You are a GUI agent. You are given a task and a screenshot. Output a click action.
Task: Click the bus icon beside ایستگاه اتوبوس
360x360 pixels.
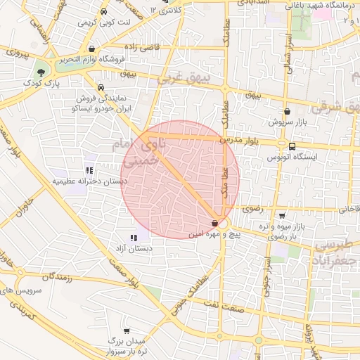(x=291, y=146)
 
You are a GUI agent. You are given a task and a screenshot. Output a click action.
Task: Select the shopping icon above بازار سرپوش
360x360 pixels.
(x=286, y=111)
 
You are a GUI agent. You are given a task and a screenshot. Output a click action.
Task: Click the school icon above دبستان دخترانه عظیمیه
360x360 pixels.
(x=89, y=169)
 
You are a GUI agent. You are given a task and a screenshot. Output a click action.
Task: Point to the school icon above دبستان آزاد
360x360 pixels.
(x=134, y=238)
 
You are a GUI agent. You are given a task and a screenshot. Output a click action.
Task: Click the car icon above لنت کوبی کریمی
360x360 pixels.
(x=103, y=12)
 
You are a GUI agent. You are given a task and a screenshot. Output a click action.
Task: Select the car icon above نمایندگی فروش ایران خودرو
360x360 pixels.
(x=102, y=89)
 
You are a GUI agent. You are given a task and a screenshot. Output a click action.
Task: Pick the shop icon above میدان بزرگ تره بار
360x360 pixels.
(x=126, y=330)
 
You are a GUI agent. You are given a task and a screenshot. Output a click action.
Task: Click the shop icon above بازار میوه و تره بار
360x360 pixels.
(x=282, y=215)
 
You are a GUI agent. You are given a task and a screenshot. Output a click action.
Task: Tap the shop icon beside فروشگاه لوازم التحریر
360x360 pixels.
(x=92, y=49)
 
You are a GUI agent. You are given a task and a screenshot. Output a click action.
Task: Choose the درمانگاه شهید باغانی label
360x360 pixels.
(x=316, y=5)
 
